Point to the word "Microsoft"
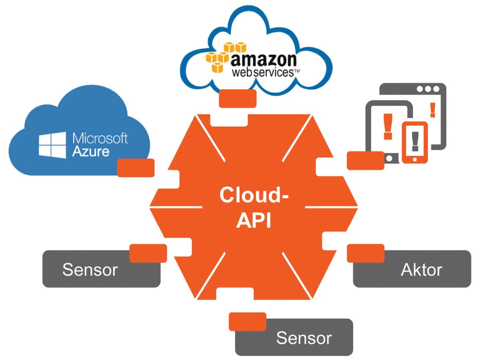pos(100,138)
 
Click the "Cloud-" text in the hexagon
pos(254,196)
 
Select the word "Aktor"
pos(421,270)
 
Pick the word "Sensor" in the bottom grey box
pos(304,338)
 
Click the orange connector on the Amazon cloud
pos(238,98)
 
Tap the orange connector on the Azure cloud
pos(135,168)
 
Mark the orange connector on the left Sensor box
pos(148,253)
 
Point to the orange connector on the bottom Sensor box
pos(247,321)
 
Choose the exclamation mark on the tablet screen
pos(387,126)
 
